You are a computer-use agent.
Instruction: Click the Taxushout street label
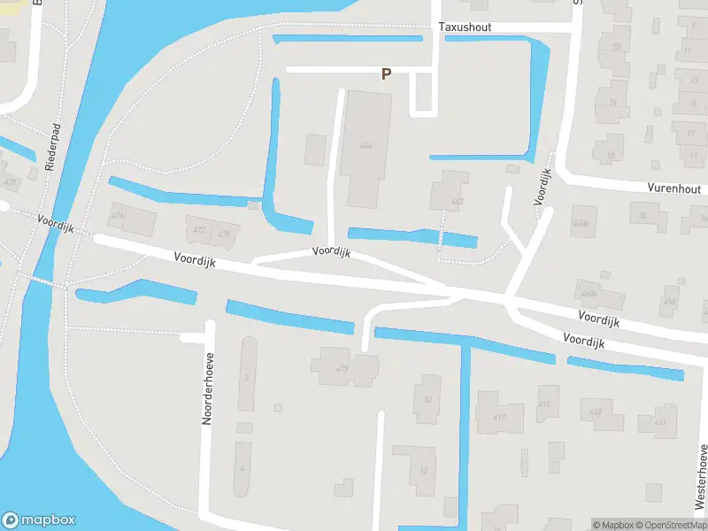pyautogui.click(x=465, y=27)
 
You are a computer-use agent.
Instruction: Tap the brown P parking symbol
pyautogui.click(x=386, y=74)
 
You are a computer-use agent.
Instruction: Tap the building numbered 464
pyautogui.click(x=366, y=145)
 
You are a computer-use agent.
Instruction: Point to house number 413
pyautogui.click(x=596, y=412)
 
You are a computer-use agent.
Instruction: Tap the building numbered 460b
pyautogui.click(x=581, y=223)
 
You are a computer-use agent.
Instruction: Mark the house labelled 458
pyautogui.click(x=669, y=302)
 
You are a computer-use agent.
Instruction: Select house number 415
pyautogui.click(x=543, y=404)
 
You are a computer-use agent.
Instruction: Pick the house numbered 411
pyautogui.click(x=660, y=422)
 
